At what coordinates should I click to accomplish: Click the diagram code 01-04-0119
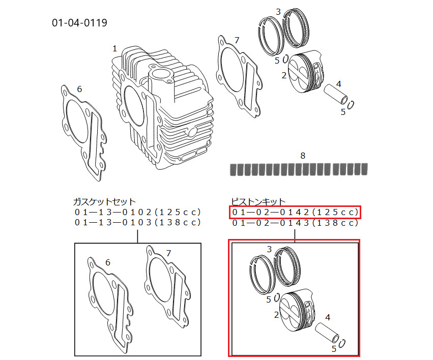79,22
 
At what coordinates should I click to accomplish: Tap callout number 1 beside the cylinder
114,48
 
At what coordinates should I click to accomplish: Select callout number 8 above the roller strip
303,156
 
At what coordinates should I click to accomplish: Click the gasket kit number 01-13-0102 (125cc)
137,212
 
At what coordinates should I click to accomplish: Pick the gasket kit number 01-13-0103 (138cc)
137,222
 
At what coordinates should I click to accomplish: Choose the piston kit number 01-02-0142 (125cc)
295,212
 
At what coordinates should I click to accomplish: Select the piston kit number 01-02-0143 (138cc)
295,222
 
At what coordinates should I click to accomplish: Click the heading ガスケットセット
104,202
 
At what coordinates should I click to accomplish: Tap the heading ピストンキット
258,202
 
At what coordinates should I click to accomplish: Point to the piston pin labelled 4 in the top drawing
335,94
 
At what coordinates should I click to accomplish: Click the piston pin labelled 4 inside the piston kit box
327,333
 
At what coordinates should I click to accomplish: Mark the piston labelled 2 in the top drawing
306,72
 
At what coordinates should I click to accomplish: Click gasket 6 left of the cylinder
83,132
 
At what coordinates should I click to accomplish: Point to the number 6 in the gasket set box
108,262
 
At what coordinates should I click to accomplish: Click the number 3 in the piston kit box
270,249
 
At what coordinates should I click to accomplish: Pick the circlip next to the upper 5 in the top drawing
286,58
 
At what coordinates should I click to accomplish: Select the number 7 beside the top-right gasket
237,40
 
